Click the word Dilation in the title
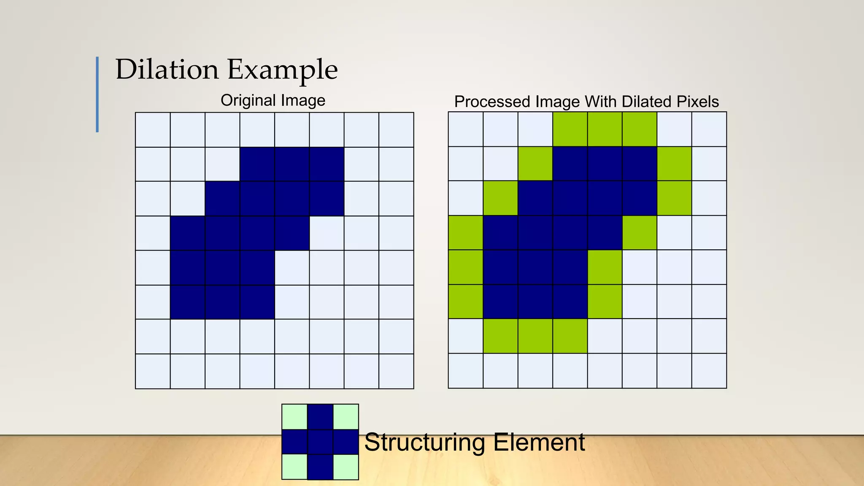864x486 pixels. point(167,70)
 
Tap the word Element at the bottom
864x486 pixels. point(539,442)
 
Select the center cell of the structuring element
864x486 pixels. point(320,442)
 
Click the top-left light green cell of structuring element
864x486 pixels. point(294,416)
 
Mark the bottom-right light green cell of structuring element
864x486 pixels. point(346,467)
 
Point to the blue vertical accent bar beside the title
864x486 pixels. point(97,94)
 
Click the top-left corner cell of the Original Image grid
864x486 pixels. point(153,130)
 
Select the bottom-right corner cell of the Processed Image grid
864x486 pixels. point(709,371)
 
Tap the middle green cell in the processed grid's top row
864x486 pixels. point(605,129)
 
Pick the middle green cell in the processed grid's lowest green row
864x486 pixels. point(535,336)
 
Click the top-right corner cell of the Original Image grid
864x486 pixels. point(396,130)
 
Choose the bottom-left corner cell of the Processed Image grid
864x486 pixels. point(465,371)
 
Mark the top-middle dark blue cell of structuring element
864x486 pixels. point(320,416)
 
